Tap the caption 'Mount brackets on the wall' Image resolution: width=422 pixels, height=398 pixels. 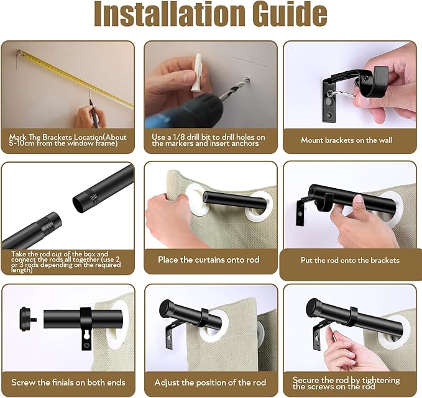346,140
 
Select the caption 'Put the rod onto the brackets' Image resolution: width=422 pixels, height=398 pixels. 350,260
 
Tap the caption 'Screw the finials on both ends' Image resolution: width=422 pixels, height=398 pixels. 68,382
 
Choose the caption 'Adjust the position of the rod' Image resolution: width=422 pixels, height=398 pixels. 210,382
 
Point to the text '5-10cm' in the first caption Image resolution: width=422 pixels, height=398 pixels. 24,143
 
